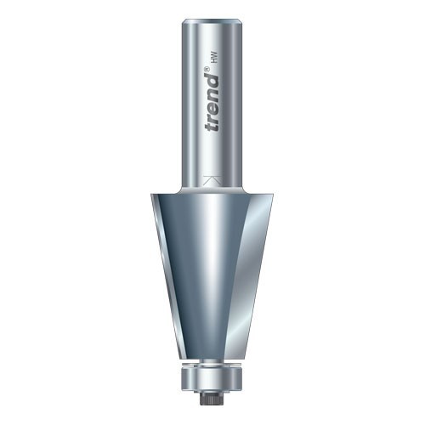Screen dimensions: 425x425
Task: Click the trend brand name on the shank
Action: (x=212, y=103)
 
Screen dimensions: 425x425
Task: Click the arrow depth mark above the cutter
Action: (x=212, y=181)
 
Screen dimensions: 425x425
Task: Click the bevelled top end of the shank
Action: (x=212, y=23)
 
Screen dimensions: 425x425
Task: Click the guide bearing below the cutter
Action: (x=212, y=378)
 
